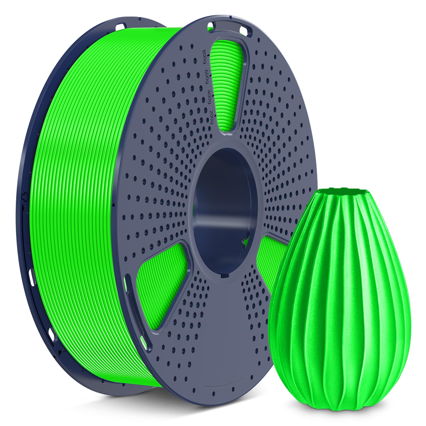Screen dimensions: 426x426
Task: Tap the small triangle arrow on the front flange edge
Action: click(114, 205)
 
